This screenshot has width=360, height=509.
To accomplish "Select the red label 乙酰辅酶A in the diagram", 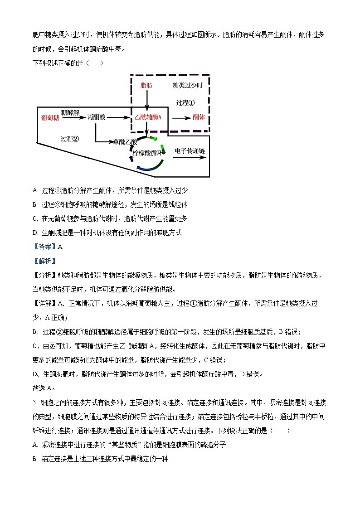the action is click(148, 117).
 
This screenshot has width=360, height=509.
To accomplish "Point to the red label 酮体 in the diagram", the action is click(199, 117).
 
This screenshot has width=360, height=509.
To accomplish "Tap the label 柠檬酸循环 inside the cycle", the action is click(148, 153).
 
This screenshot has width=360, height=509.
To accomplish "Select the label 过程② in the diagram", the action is click(70, 139).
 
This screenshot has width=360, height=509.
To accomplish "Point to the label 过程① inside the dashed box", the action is click(185, 102).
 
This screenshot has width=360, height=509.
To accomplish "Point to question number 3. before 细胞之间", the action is click(34, 402).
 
